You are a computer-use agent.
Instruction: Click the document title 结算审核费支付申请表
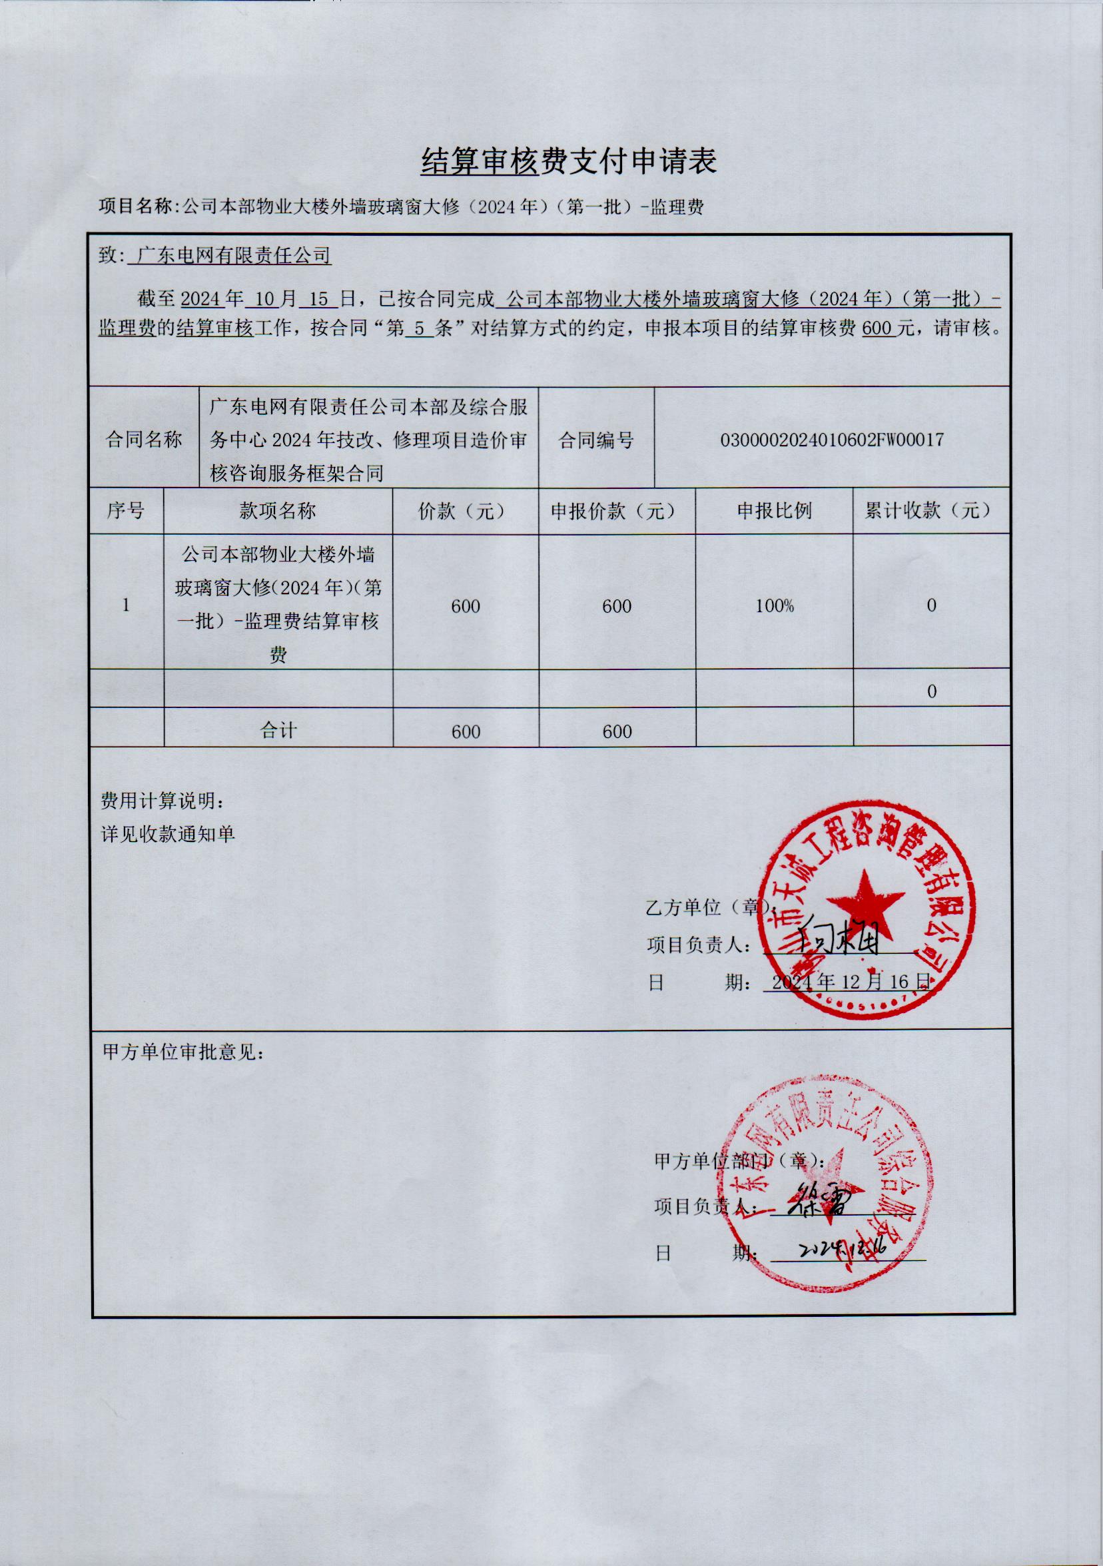(x=568, y=163)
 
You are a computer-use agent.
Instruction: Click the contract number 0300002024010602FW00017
(x=831, y=439)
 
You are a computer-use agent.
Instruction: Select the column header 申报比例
(x=773, y=511)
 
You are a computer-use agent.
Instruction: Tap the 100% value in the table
(x=773, y=605)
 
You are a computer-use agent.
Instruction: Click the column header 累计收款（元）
(x=930, y=510)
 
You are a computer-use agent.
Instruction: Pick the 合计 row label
(x=278, y=731)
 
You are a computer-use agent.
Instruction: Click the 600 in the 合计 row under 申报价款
(x=617, y=731)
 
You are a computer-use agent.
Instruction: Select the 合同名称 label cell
(x=144, y=440)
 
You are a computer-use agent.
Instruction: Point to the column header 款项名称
(x=278, y=511)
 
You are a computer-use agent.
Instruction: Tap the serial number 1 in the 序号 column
(x=125, y=605)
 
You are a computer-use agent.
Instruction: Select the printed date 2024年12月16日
(x=850, y=981)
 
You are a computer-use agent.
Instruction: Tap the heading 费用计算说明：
(x=163, y=801)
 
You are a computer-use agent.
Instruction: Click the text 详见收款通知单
(x=168, y=833)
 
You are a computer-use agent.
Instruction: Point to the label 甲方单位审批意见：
(x=183, y=1052)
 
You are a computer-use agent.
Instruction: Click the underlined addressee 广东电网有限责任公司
(x=233, y=256)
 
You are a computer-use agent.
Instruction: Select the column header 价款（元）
(x=464, y=511)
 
